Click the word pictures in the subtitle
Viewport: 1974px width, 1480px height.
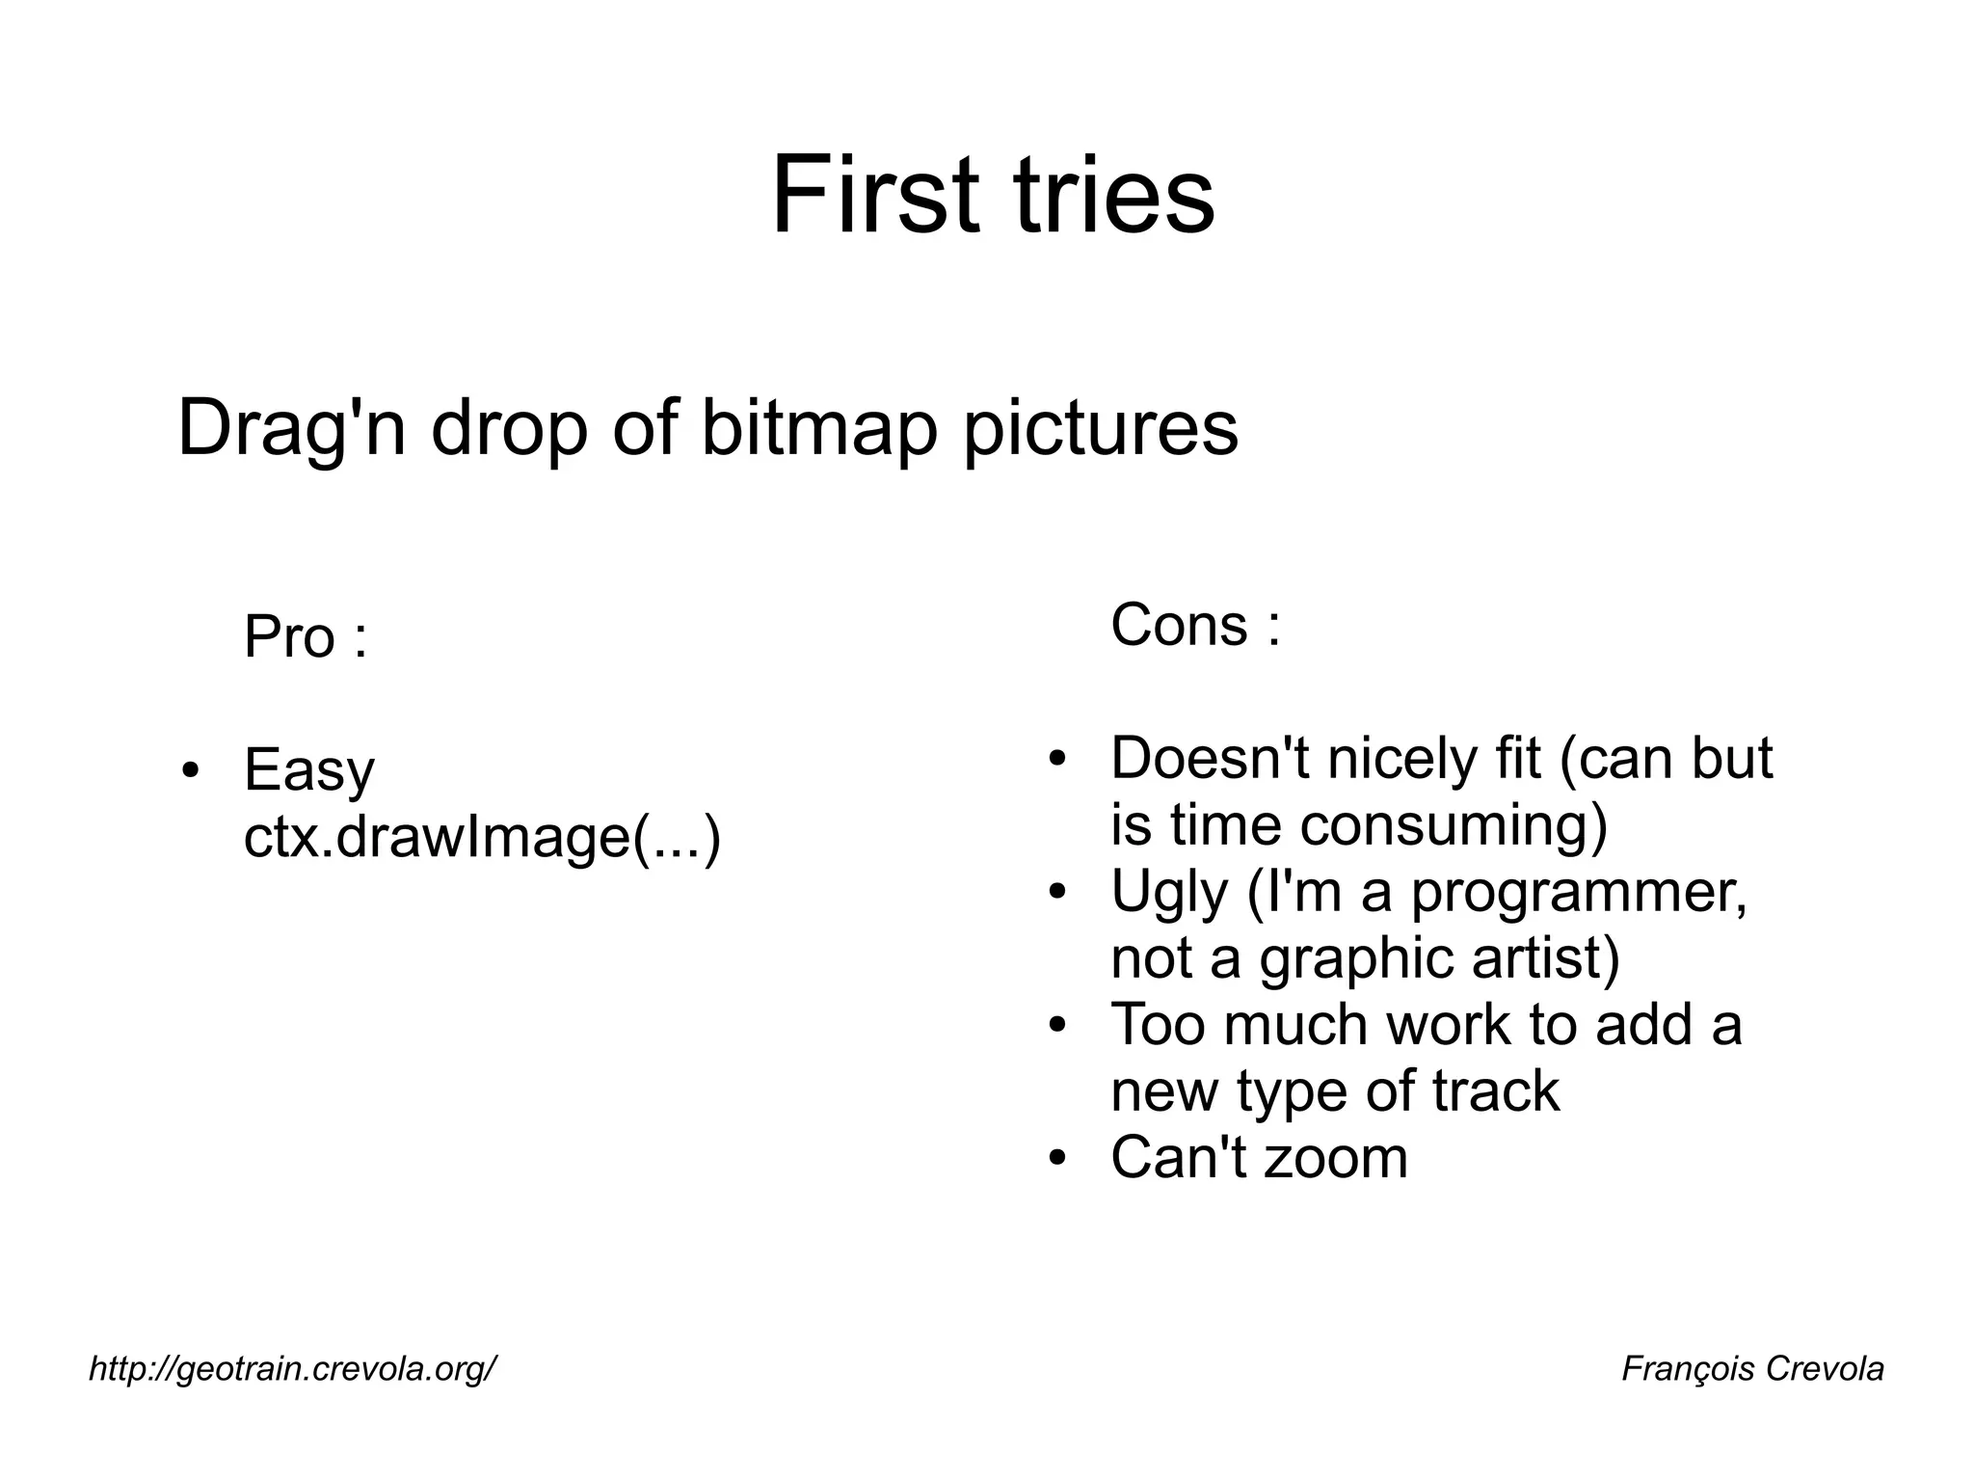(x=1101, y=430)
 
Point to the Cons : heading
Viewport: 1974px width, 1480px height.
(x=1195, y=625)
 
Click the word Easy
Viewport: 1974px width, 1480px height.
(x=308, y=771)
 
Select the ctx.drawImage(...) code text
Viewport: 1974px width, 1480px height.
(x=482, y=837)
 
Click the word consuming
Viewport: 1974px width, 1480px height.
(x=1454, y=825)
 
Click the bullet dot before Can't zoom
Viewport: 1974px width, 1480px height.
(x=1058, y=1157)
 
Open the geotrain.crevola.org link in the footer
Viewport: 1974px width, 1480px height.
(x=293, y=1368)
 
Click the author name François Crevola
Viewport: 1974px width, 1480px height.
(x=1751, y=1368)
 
